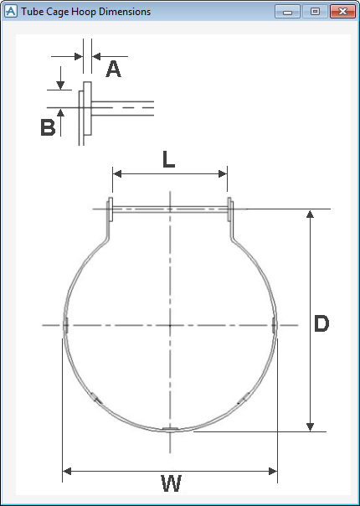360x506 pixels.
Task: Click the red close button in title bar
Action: pos(339,12)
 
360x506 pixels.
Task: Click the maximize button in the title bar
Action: pos(315,12)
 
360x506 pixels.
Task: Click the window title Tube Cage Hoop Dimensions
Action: pos(86,12)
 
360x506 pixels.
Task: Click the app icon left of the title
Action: pos(11,12)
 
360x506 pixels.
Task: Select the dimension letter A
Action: pos(114,69)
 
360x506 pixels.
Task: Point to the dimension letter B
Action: pos(48,127)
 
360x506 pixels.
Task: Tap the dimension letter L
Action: pos(169,159)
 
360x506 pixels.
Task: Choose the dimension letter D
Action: pos(321,324)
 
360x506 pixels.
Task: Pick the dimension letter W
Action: pos(170,483)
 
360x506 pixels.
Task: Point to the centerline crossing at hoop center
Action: pos(170,324)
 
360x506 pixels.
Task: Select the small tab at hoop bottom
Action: pos(170,430)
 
